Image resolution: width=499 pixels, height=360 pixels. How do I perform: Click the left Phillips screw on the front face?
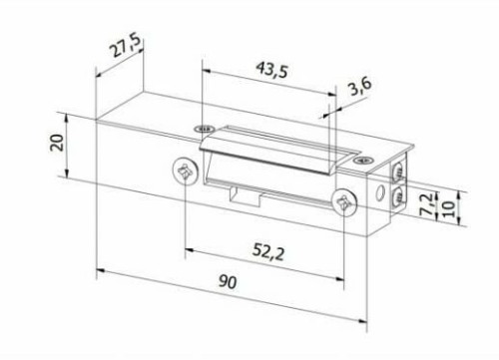click(x=183, y=171)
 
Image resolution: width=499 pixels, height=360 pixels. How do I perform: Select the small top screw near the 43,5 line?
click(x=204, y=130)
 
